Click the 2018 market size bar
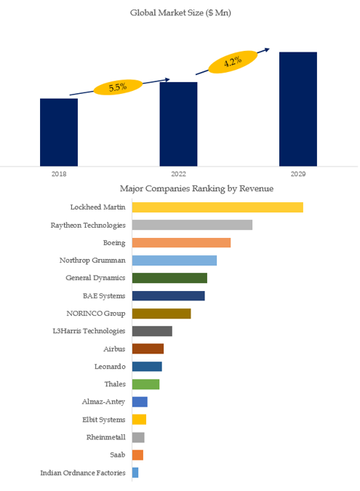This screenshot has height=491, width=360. [x=59, y=132]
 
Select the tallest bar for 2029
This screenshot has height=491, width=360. [x=298, y=109]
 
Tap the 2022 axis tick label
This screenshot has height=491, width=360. [x=178, y=174]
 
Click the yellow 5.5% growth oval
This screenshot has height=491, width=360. [x=118, y=87]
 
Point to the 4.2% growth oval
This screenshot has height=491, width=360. [x=233, y=62]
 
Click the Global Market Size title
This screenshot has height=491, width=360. [x=180, y=13]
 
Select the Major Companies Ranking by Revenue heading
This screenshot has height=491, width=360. [x=196, y=188]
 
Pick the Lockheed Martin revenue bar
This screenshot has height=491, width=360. [x=217, y=207]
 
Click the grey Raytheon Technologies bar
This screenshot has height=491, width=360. [x=192, y=225]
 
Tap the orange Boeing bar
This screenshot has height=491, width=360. [x=181, y=243]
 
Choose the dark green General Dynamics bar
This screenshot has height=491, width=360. [x=169, y=278]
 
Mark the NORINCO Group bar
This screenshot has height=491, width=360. [x=161, y=314]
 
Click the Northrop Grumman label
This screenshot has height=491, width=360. [x=92, y=260]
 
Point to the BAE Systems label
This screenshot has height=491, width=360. [x=104, y=296]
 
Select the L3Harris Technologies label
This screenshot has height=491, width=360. [x=89, y=331]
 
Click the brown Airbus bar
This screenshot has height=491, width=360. [x=148, y=349]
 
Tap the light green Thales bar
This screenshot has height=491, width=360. [x=145, y=384]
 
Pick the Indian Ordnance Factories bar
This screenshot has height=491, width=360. [x=135, y=473]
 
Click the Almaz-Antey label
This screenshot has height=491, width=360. [x=103, y=402]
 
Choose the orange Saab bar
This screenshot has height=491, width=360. [x=137, y=455]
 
